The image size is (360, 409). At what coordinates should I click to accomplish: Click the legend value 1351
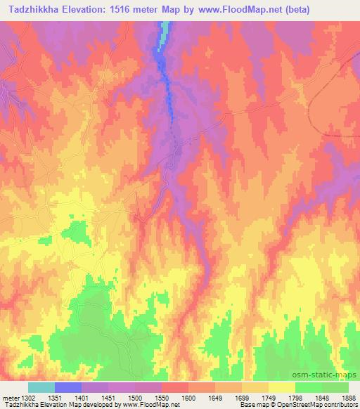[x=55, y=398]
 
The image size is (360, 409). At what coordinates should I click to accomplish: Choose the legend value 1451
[x=108, y=398]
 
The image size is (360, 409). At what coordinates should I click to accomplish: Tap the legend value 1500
[x=135, y=398]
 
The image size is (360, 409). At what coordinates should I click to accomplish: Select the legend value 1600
[x=188, y=398]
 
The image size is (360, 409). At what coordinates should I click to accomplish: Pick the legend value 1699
[x=242, y=398]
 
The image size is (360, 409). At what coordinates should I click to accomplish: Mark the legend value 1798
[x=295, y=398]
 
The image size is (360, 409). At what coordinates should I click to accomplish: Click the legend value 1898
[x=348, y=398]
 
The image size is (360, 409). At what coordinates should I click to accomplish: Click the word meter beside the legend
[x=8, y=398]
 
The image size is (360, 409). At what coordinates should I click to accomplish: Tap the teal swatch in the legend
[x=41, y=388]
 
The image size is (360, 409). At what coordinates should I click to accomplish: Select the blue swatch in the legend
[x=68, y=388]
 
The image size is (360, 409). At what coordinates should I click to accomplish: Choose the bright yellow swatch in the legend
[x=282, y=388]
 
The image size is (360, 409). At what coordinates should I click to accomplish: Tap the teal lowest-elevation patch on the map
[x=165, y=32]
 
